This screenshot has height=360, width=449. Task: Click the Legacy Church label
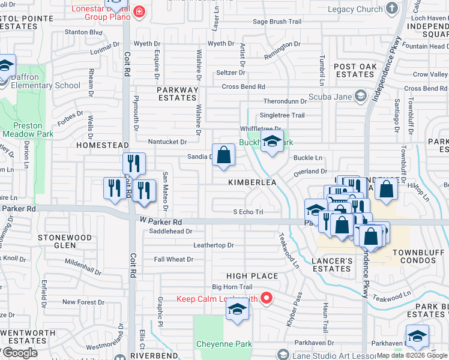point(357,9)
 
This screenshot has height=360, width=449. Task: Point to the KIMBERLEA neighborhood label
point(252,181)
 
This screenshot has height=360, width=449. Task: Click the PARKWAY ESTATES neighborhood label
point(178,94)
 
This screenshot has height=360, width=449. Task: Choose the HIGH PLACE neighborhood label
point(252,276)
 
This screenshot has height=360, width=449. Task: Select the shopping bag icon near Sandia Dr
point(223,155)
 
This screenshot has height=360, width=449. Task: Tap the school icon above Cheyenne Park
point(237,310)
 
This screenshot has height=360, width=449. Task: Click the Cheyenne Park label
point(224,344)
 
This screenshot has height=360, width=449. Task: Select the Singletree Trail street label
point(282,115)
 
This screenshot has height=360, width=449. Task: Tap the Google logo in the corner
point(19,353)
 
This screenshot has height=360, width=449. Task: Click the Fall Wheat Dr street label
point(173,259)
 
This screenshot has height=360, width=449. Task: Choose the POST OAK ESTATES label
point(355,70)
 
